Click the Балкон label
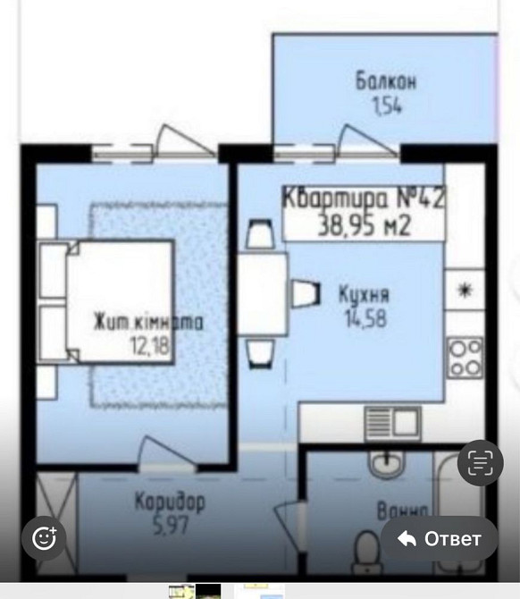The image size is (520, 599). (386, 83)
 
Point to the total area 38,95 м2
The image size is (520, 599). (365, 225)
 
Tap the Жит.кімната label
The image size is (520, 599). (148, 323)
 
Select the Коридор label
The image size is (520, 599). (170, 502)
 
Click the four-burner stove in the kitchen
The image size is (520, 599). (465, 356)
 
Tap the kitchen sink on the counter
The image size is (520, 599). (391, 421)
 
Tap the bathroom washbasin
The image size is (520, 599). (386, 462)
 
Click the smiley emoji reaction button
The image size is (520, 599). (45, 537)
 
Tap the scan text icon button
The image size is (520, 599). (481, 462)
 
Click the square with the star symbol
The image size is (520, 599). (465, 289)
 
